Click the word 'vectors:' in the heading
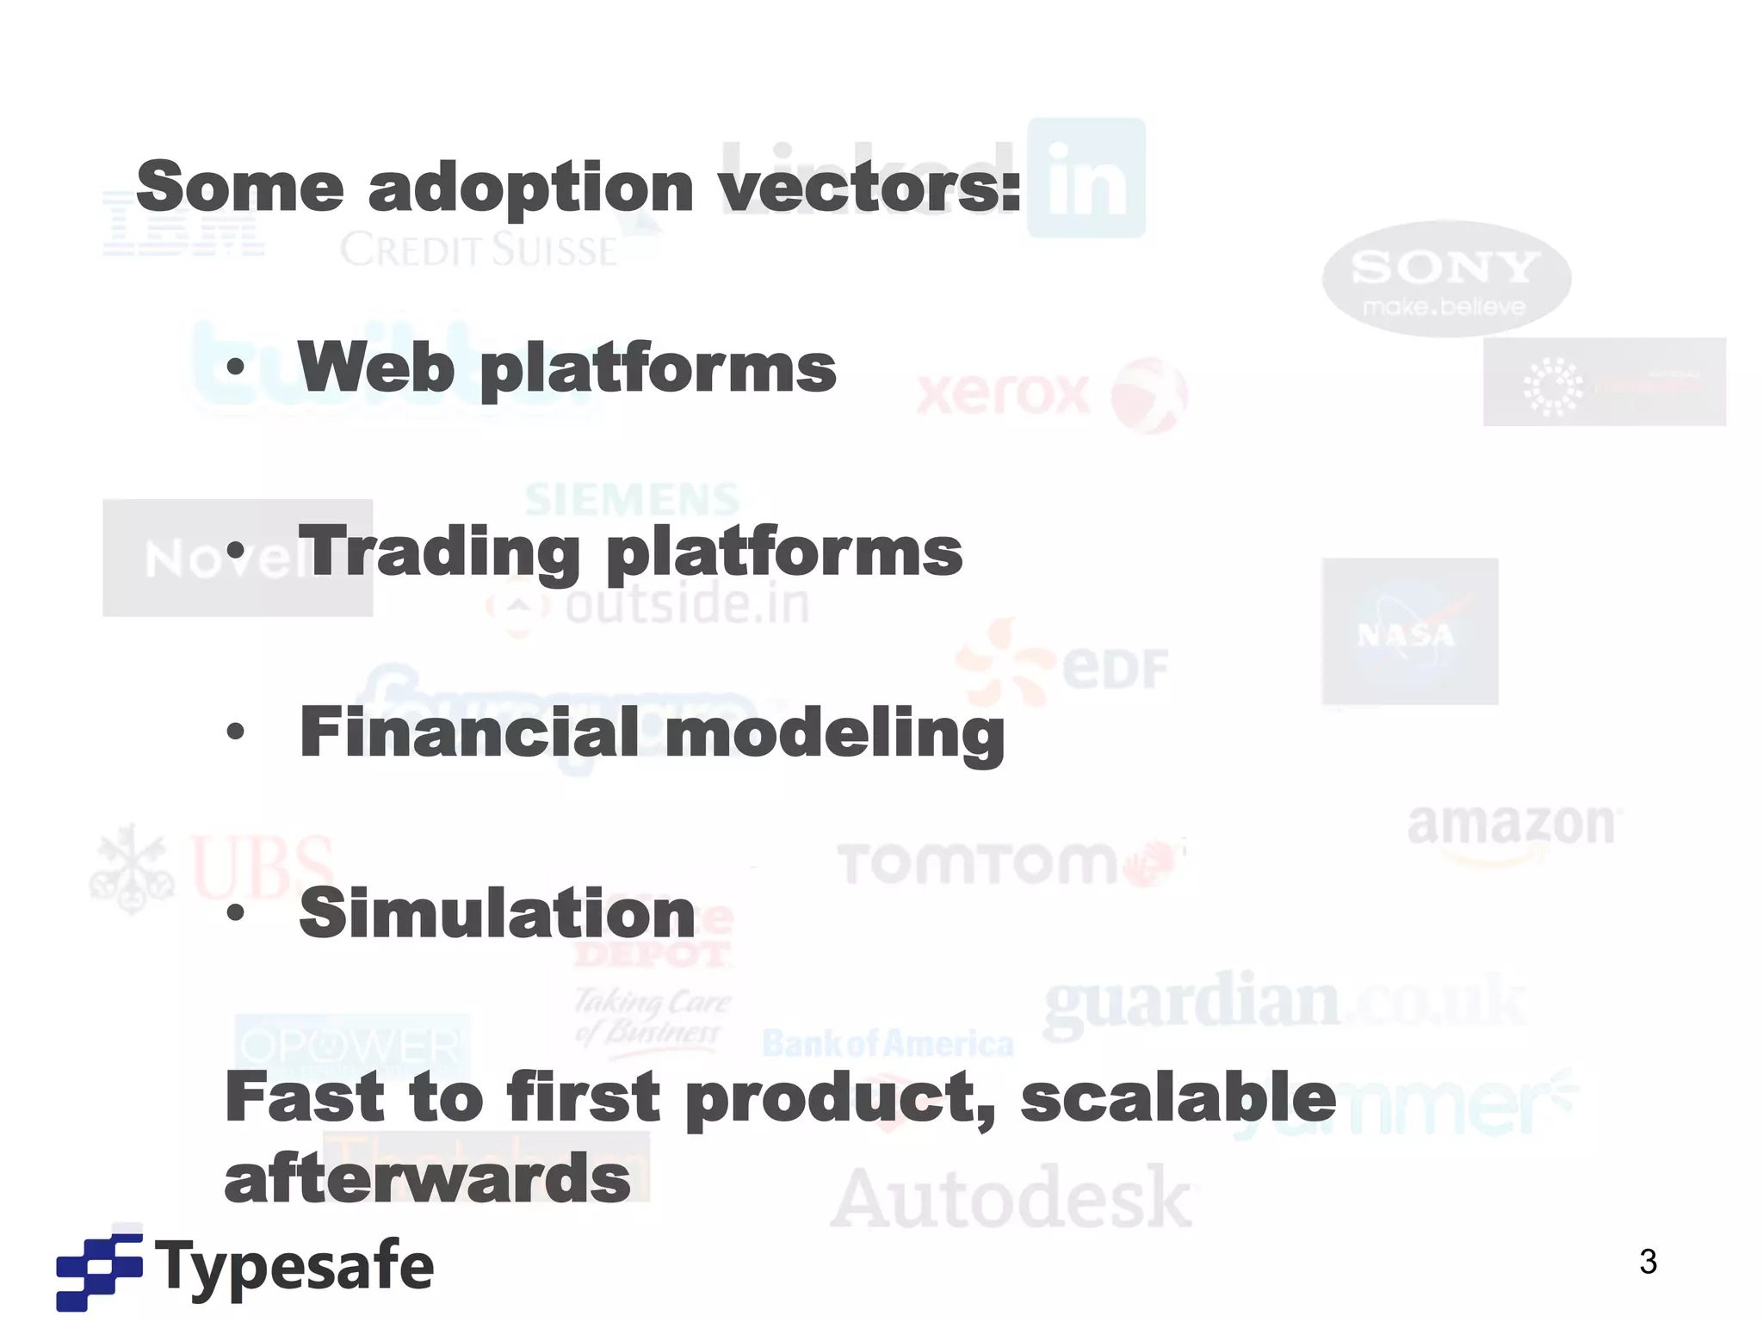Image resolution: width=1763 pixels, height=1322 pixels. pyautogui.click(x=870, y=188)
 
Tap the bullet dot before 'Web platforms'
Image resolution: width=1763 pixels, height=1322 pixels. pyautogui.click(x=235, y=368)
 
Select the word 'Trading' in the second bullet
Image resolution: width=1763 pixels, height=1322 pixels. pyautogui.click(x=439, y=553)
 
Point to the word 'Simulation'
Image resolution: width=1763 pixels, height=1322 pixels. pyautogui.click(x=497, y=914)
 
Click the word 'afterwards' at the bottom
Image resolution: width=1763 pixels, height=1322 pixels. pyautogui.click(x=428, y=1180)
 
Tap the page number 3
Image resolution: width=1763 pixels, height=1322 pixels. pyautogui.click(x=1648, y=1262)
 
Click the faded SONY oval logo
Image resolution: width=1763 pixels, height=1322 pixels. pyautogui.click(x=1446, y=278)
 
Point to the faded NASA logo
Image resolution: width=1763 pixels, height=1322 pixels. pyautogui.click(x=1409, y=632)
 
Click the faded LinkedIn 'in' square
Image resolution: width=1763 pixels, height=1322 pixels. pyautogui.click(x=1086, y=178)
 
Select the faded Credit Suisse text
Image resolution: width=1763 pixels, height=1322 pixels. pyautogui.click(x=479, y=250)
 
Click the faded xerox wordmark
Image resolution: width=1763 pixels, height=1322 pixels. pyautogui.click(x=1004, y=395)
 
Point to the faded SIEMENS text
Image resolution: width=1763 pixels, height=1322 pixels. pyautogui.click(x=633, y=499)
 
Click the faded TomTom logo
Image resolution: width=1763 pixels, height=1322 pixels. pyautogui.click(x=977, y=863)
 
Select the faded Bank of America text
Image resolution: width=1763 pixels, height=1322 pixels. pyautogui.click(x=888, y=1044)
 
